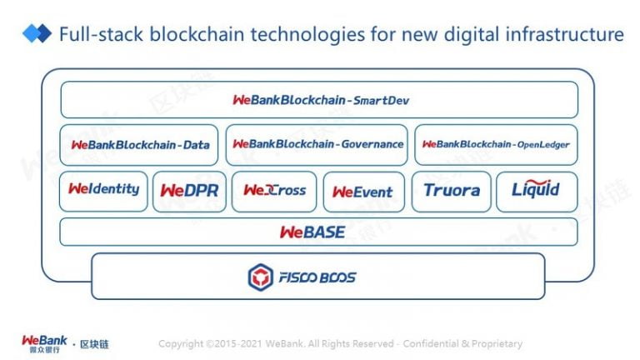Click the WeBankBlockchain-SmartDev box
pyautogui.click(x=319, y=100)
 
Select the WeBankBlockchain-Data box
pyautogui.click(x=139, y=145)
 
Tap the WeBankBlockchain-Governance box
pyautogui.click(x=317, y=145)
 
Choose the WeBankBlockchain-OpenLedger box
pyautogui.click(x=496, y=145)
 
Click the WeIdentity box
pyautogui.click(x=103, y=191)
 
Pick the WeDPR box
pyautogui.click(x=189, y=192)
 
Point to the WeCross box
pyautogui.click(x=274, y=192)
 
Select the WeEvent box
pyautogui.click(x=364, y=192)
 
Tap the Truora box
pyautogui.click(x=452, y=192)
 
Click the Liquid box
pyautogui.click(x=537, y=192)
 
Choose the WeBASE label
pyautogui.click(x=312, y=232)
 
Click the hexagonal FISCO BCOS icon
pyautogui.click(x=260, y=277)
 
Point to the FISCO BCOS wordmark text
pyautogui.click(x=317, y=277)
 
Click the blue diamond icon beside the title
pyautogui.click(x=37, y=33)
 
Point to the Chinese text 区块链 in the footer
pyautogui.click(x=94, y=344)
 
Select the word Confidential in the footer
pyautogui.click(x=430, y=343)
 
